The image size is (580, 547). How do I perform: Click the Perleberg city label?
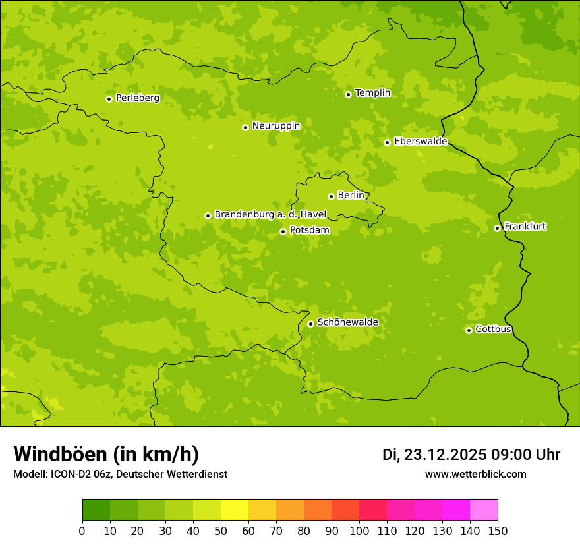pos(137,98)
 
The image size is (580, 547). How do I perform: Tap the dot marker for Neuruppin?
pos(245,127)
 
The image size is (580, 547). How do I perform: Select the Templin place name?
pos(372,93)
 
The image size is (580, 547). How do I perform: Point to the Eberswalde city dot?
pos(388,142)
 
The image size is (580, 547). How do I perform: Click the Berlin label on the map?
pos(351,196)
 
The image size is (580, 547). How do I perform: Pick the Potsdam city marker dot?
pos(283,231)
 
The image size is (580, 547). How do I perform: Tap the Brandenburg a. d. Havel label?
pos(270,214)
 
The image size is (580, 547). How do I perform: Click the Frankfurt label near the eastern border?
pos(525,227)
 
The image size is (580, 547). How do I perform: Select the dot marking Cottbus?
pos(469,330)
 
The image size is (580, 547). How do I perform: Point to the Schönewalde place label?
pos(347,322)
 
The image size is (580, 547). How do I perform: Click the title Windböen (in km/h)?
pos(106,454)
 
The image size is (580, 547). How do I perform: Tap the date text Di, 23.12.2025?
pos(434,455)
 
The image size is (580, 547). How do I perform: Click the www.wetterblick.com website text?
pos(475,475)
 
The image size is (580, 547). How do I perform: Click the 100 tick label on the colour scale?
pos(359,531)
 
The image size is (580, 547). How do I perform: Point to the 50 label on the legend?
pos(221,531)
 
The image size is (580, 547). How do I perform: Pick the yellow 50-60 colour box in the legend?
pos(235,510)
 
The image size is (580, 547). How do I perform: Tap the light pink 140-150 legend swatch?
pos(484,510)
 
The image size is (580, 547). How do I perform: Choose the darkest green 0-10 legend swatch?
pos(96,510)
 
